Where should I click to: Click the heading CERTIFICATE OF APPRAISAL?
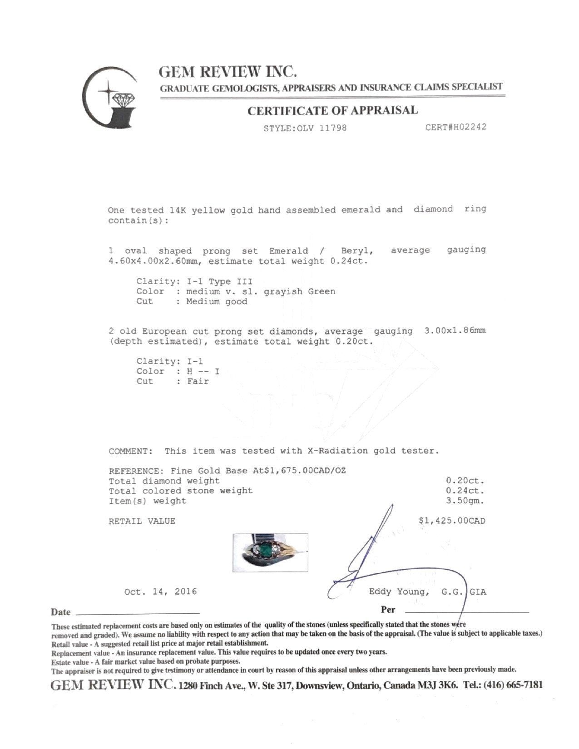click(x=332, y=110)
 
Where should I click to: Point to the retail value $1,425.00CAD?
click(x=451, y=521)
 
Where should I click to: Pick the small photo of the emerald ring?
click(x=270, y=549)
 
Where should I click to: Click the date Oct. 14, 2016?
click(x=160, y=591)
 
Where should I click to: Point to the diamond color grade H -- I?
click(x=203, y=371)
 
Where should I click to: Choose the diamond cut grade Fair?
click(x=198, y=381)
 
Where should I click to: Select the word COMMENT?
click(x=129, y=451)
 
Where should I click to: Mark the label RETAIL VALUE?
click(x=142, y=521)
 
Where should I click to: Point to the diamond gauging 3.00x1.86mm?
click(x=455, y=330)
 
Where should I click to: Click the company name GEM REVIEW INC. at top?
click(x=228, y=72)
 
